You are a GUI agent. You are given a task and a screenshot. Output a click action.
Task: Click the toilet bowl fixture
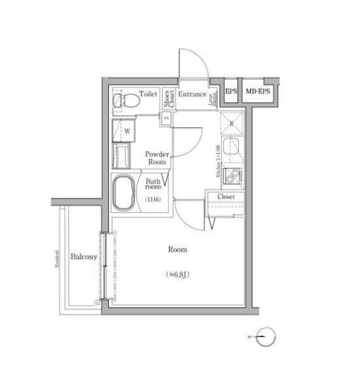pos(126,101)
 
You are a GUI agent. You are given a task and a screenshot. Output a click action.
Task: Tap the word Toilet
pos(149,94)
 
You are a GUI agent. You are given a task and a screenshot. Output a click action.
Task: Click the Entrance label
pos(193,94)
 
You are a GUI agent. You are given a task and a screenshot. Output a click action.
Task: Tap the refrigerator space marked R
pos(231,123)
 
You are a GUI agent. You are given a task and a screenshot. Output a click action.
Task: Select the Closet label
pos(226,196)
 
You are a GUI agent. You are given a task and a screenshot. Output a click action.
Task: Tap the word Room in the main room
pos(177,249)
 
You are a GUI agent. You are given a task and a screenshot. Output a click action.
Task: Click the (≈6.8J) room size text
pos(177,274)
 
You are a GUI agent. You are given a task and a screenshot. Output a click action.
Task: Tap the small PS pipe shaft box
pos(166,119)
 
